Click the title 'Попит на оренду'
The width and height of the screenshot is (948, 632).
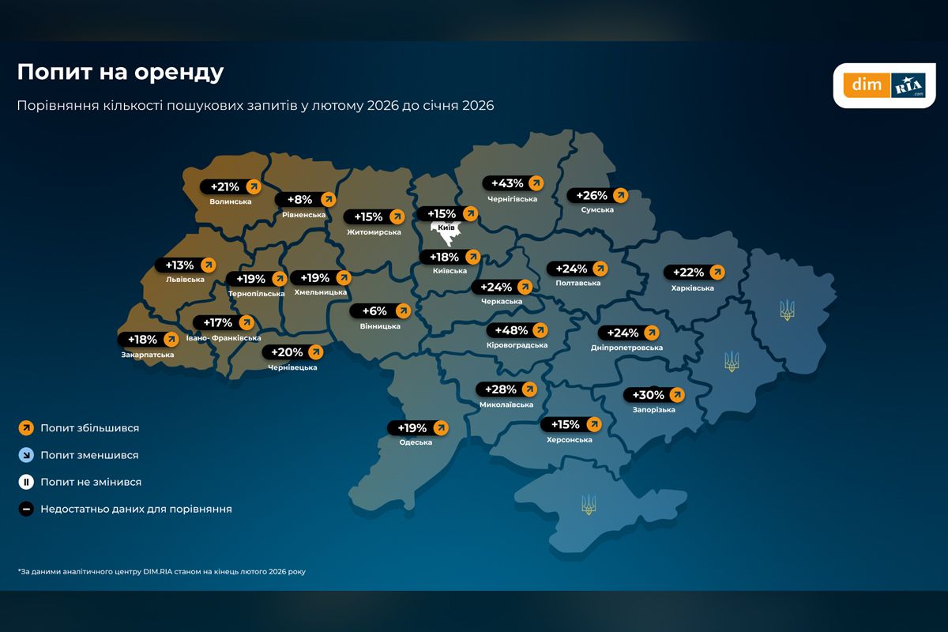point(120,73)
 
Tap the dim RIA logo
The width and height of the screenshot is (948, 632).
point(884,85)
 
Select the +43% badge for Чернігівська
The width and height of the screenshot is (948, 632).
point(513,183)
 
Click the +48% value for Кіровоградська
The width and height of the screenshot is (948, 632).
point(518,329)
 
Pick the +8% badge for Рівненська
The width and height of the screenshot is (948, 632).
point(305,200)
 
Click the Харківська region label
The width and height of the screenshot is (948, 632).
point(693,288)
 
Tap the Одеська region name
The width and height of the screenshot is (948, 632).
point(416,442)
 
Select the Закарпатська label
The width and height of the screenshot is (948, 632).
point(147,355)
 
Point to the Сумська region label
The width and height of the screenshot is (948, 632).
point(596,210)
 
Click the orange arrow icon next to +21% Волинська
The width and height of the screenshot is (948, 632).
point(253,187)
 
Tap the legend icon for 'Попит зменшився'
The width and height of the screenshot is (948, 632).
point(26,455)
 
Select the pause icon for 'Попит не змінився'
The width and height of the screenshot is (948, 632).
point(26,482)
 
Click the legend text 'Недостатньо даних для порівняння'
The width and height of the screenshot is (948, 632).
point(136,510)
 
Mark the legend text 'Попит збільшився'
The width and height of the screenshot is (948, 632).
point(89,428)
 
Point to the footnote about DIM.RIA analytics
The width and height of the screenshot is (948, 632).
point(161,571)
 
